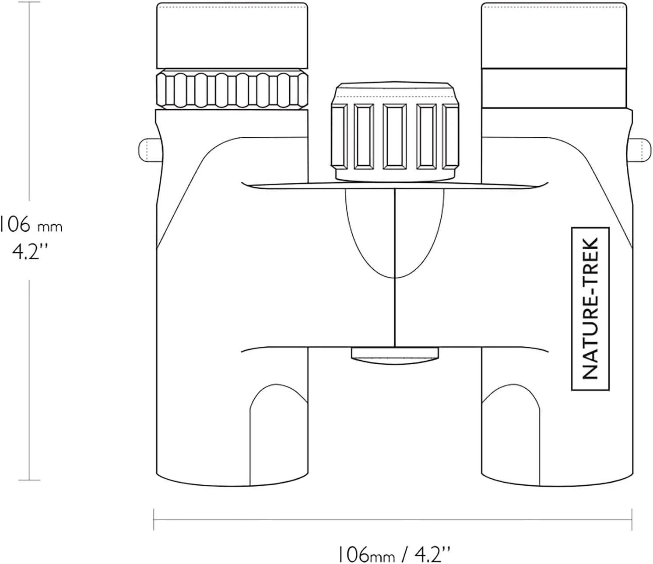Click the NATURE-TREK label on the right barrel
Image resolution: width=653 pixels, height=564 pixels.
click(590, 309)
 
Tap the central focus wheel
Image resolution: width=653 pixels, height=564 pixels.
click(395, 132)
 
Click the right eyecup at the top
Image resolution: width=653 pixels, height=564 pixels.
click(554, 35)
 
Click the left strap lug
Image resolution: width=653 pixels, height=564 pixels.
click(151, 150)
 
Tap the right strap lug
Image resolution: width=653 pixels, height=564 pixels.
click(639, 150)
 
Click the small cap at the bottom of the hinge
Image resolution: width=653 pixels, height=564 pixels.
click(395, 356)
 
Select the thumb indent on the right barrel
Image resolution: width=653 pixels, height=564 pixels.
click(510, 435)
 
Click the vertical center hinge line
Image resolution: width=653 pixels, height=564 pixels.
click(395, 268)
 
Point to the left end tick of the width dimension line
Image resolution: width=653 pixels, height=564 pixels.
click(154, 519)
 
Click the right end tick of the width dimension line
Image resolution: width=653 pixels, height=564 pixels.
click(632, 519)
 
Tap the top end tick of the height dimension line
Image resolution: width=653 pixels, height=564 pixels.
click(29, 2)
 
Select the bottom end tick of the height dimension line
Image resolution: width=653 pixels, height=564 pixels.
click(29, 480)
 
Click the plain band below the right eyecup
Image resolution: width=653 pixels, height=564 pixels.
click(554, 88)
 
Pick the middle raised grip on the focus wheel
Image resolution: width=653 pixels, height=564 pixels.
click(395, 136)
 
